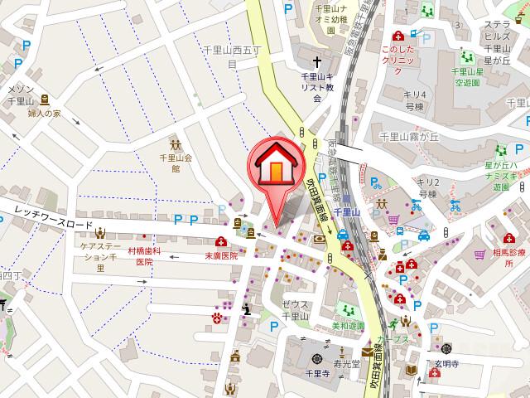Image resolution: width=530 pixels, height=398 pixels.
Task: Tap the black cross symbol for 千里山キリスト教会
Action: pyautogui.click(x=316, y=61)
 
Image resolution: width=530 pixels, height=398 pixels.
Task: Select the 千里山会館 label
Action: pyautogui.click(x=176, y=162)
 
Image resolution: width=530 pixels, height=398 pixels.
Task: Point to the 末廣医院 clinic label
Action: pyautogui.click(x=221, y=256)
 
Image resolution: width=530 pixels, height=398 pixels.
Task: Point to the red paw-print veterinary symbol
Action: pyautogui.click(x=218, y=316)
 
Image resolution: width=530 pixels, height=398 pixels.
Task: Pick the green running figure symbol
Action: pyautogui.click(x=392, y=324)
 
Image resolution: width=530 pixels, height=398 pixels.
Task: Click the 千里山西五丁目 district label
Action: pyautogui.click(x=233, y=56)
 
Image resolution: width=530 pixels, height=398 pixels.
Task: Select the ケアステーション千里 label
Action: pyautogui.click(x=101, y=257)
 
